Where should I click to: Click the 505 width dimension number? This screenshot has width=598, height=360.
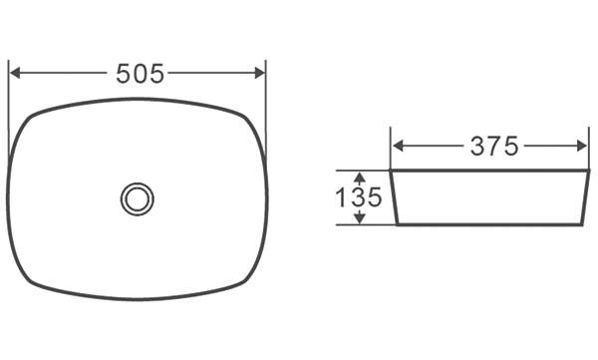(140, 74)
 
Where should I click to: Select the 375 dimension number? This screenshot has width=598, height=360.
(494, 147)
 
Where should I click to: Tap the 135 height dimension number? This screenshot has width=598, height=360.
(358, 197)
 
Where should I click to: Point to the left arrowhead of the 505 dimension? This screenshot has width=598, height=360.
(15, 73)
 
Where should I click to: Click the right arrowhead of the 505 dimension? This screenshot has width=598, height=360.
(260, 73)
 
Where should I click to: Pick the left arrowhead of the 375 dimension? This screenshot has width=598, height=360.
(398, 146)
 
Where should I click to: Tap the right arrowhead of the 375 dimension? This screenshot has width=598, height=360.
(582, 146)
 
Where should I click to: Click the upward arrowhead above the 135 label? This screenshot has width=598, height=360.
(360, 177)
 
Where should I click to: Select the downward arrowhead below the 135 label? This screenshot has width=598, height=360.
(360, 218)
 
